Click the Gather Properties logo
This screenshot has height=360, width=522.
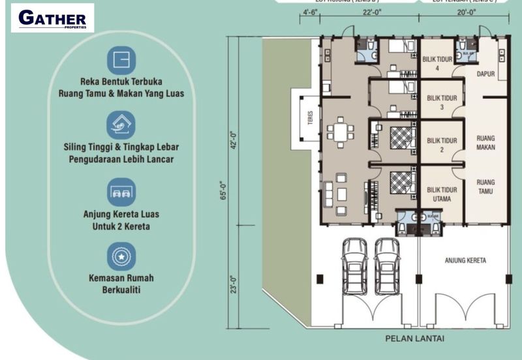point(52,18)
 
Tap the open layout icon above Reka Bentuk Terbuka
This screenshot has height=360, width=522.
point(121,59)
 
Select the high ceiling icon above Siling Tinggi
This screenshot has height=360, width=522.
point(121,125)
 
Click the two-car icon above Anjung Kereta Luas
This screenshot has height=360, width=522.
point(121,192)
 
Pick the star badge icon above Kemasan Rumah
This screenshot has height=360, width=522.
point(121,256)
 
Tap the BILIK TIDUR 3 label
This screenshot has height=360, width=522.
point(440,102)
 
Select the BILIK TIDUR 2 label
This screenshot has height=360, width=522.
point(440,145)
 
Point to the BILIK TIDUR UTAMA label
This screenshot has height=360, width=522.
point(440,193)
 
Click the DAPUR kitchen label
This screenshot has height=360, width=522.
point(485,74)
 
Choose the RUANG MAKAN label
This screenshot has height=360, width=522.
point(485,143)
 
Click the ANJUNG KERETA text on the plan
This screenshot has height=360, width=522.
point(465,260)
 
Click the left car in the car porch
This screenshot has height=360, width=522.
point(354,265)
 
